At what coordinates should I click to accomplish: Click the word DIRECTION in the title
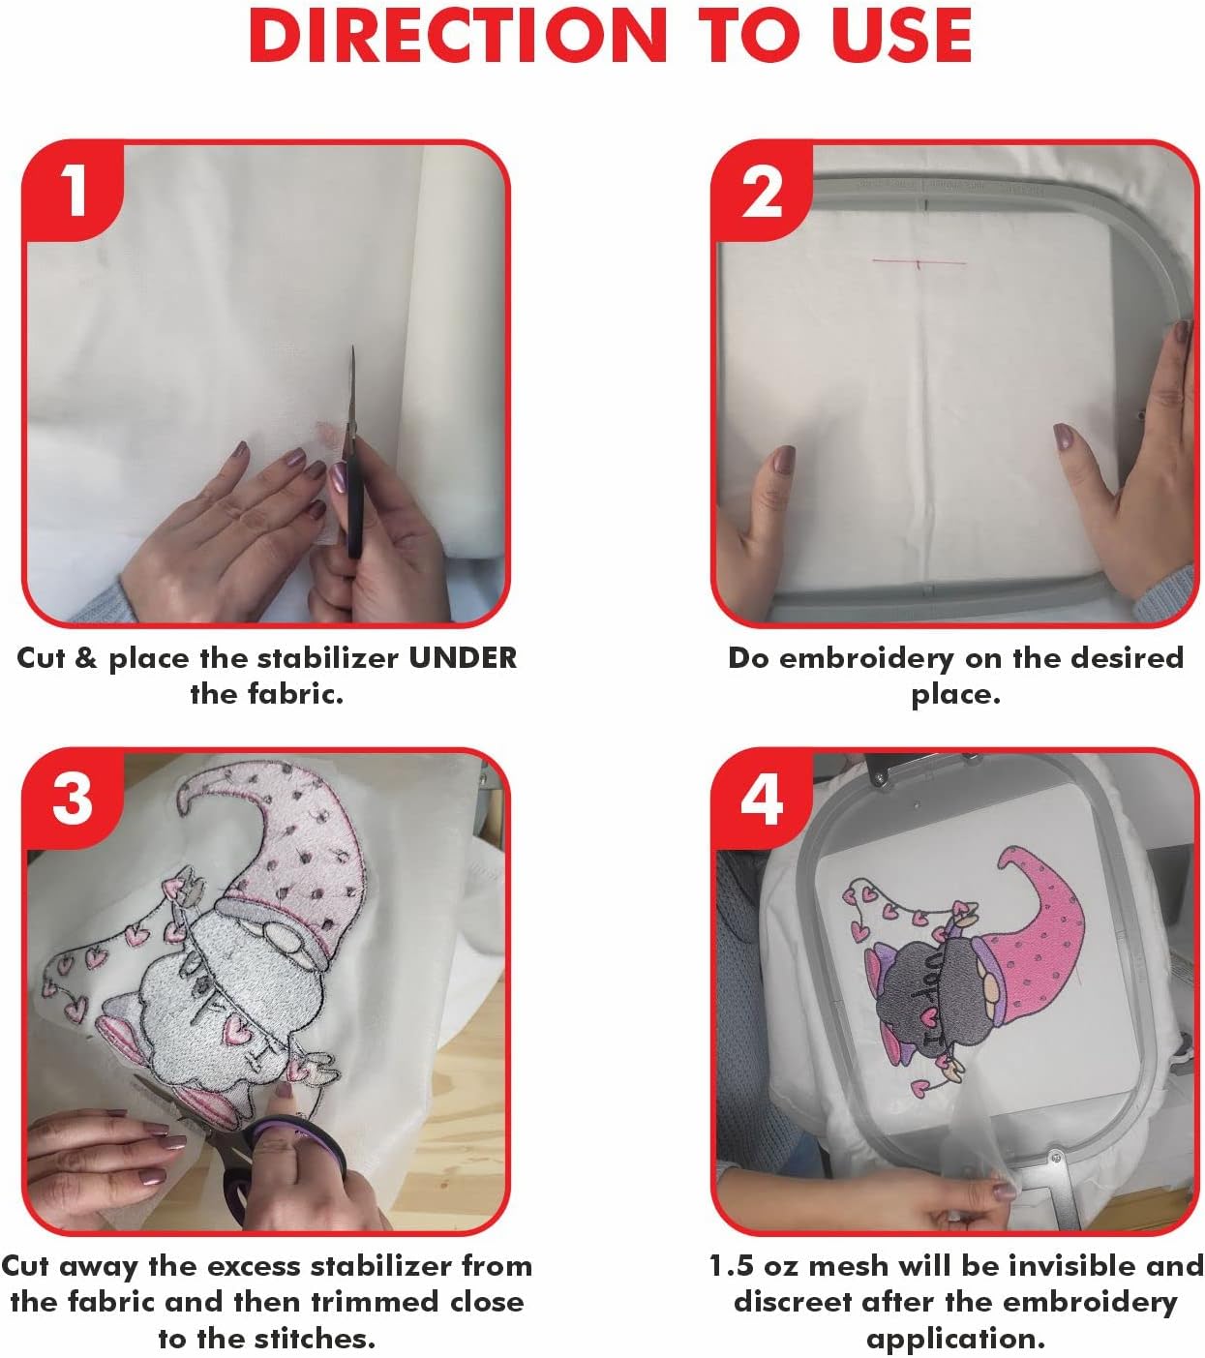coord(458,36)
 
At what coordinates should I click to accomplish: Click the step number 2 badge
coord(762,192)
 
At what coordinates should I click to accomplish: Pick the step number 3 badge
coord(74,799)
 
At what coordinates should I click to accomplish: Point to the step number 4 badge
coord(762,799)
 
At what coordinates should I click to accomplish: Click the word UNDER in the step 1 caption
coord(463,658)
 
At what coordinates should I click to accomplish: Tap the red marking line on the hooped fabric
coord(919,262)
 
